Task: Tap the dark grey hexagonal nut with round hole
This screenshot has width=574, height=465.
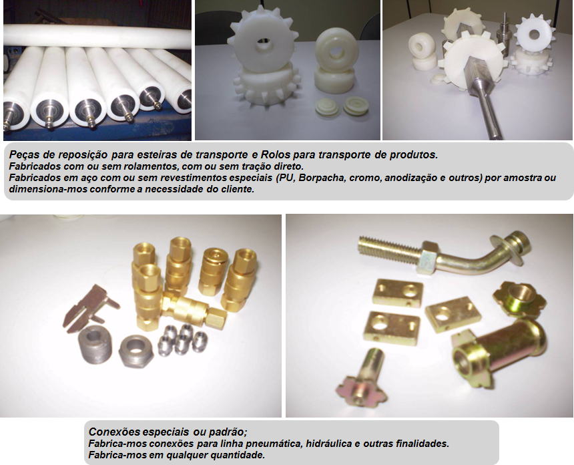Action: (135, 351)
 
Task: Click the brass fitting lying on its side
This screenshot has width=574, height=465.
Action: (194, 309)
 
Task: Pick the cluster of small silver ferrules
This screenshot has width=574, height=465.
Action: (182, 339)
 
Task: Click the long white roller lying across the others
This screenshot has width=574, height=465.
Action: (97, 36)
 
